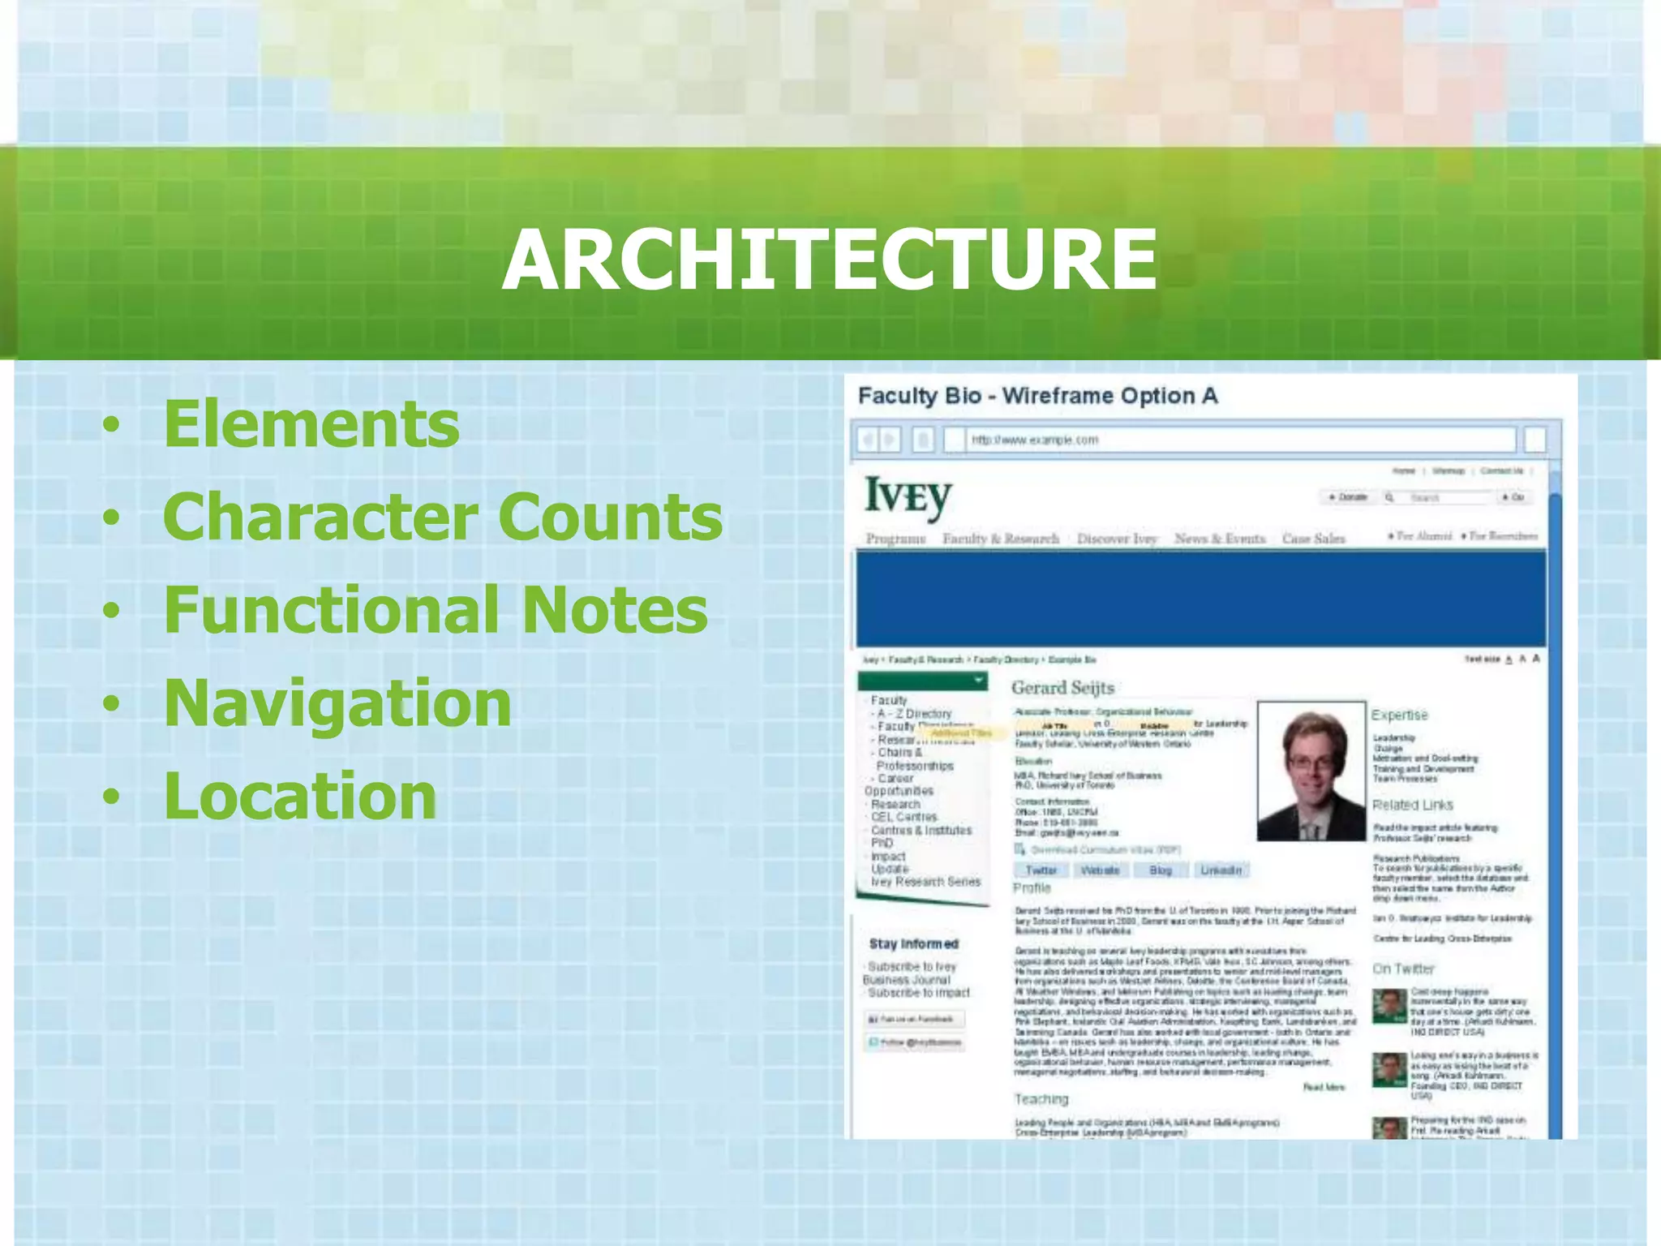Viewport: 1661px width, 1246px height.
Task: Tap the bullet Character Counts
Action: click(x=443, y=517)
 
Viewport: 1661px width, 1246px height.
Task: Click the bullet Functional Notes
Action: click(x=436, y=609)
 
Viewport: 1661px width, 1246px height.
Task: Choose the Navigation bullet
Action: click(x=337, y=702)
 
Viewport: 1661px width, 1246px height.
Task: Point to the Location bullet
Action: click(x=300, y=796)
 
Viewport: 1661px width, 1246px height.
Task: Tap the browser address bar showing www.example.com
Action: click(x=1233, y=440)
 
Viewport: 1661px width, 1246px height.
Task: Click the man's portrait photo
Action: click(x=1311, y=771)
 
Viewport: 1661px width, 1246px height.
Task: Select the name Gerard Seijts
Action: click(x=1062, y=688)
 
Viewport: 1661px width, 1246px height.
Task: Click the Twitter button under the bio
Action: click(x=1041, y=870)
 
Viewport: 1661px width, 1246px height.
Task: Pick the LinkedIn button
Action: click(x=1221, y=870)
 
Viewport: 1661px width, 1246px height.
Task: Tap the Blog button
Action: click(x=1161, y=870)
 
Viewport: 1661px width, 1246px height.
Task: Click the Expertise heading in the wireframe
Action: click(x=1399, y=715)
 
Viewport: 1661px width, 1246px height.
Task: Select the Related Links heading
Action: click(x=1412, y=805)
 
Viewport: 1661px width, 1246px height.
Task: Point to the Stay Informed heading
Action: click(x=913, y=943)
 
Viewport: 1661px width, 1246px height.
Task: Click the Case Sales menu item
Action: click(x=1313, y=539)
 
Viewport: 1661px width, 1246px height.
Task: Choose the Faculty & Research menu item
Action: click(x=1001, y=539)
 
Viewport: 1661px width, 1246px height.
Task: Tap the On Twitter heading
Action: click(x=1403, y=969)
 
